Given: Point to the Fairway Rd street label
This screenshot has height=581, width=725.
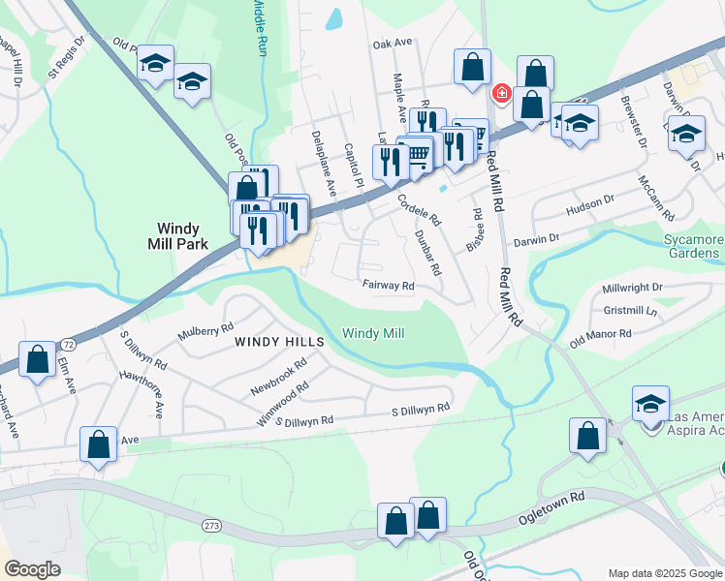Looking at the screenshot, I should (x=389, y=286).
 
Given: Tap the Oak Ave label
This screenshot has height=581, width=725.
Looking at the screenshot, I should (x=393, y=44).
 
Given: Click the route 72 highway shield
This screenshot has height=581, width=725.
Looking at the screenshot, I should (x=68, y=344).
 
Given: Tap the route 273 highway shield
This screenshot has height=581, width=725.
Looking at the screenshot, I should (x=211, y=524).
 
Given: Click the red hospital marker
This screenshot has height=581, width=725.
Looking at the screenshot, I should (x=501, y=94).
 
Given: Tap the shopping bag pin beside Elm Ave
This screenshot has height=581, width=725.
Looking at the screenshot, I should (x=37, y=360).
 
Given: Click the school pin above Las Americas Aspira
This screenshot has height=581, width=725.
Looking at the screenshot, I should (x=650, y=403).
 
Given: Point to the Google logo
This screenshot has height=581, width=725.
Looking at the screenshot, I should (x=33, y=569).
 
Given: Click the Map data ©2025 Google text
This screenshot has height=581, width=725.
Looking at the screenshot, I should (x=664, y=573).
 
